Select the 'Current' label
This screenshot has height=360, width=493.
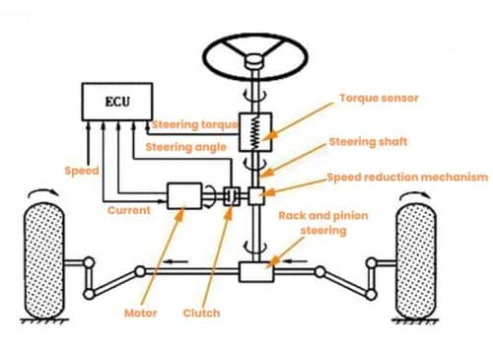tap(130, 210)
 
